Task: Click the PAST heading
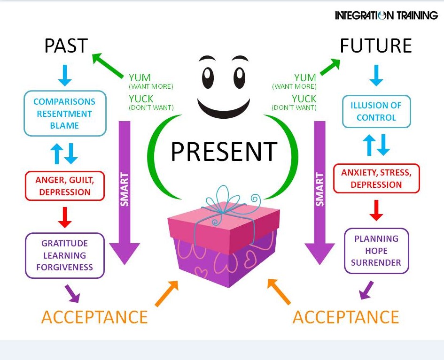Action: (66, 46)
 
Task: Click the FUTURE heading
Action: (375, 46)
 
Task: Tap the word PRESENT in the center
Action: (224, 151)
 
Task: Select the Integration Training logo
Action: (386, 15)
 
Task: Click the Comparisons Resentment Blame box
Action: (64, 114)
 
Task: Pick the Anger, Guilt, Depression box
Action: (65, 185)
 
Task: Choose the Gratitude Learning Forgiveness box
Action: (65, 255)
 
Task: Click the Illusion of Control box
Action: (376, 111)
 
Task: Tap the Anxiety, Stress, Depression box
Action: (376, 178)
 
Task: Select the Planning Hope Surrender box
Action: (376, 251)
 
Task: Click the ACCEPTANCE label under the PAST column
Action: (94, 317)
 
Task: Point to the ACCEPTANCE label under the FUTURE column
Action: (346, 317)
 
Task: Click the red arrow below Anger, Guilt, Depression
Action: (65, 216)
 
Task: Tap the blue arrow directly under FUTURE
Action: (376, 76)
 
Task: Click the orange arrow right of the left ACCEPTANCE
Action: (167, 293)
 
